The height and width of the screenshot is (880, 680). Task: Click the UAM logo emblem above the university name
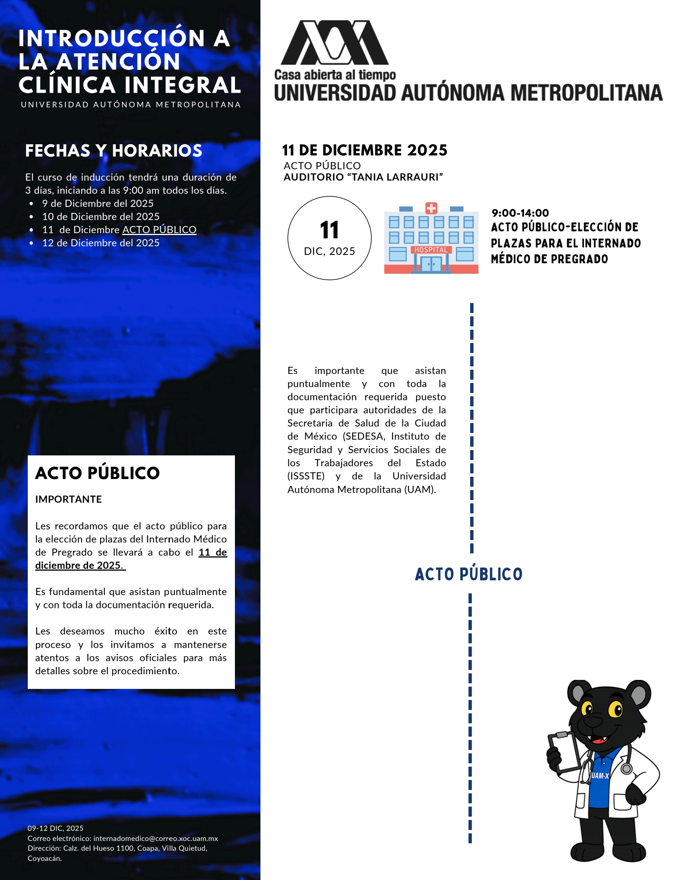click(x=334, y=43)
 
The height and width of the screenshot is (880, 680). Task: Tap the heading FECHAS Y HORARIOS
click(x=113, y=151)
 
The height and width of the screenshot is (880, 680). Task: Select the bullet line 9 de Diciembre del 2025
click(x=98, y=203)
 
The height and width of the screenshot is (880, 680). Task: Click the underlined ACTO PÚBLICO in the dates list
click(x=159, y=230)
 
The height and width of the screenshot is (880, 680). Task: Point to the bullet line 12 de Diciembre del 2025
click(x=101, y=243)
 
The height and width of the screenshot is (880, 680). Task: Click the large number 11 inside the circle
click(x=329, y=230)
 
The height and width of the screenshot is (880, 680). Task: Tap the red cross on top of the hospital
click(x=431, y=208)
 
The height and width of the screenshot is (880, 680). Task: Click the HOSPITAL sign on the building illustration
click(x=431, y=250)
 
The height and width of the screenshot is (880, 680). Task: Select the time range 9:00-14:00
click(x=520, y=213)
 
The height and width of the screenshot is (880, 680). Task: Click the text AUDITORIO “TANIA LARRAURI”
click(x=363, y=177)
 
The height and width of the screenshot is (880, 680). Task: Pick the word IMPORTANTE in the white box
click(x=68, y=499)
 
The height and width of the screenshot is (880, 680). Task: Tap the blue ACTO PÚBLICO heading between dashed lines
click(x=468, y=574)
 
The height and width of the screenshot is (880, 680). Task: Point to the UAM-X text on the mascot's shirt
click(x=600, y=776)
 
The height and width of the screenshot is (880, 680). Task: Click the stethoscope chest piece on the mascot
click(x=626, y=769)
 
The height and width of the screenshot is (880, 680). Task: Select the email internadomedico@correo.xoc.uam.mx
click(x=155, y=838)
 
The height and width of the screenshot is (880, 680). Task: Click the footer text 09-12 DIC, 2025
click(x=56, y=829)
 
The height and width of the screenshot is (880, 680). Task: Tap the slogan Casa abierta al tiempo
click(x=335, y=75)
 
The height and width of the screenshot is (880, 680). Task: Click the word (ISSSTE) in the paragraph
click(x=306, y=476)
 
